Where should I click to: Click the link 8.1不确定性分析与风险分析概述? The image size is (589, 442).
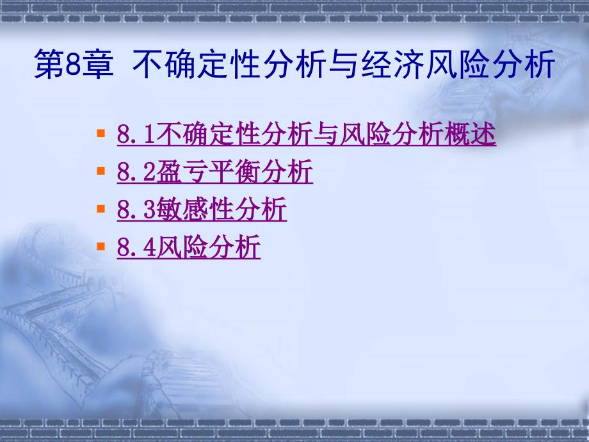(x=306, y=134)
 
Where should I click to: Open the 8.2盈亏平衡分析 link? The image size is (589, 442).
(x=215, y=172)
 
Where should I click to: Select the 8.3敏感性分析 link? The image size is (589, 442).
(x=202, y=209)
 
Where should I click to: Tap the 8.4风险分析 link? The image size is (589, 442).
(x=189, y=247)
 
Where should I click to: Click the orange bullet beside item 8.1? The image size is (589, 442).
(x=101, y=133)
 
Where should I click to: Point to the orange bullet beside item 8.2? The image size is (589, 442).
(x=101, y=170)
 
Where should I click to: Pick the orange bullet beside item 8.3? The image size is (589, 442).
(x=101, y=208)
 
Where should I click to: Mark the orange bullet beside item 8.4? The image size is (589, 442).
(x=101, y=246)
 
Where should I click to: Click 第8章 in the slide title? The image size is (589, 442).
(x=74, y=64)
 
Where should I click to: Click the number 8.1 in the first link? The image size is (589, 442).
(x=136, y=134)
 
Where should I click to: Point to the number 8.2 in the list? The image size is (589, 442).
(x=136, y=172)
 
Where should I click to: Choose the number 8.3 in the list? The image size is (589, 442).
(x=136, y=209)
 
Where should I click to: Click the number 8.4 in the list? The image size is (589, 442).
(x=136, y=247)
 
